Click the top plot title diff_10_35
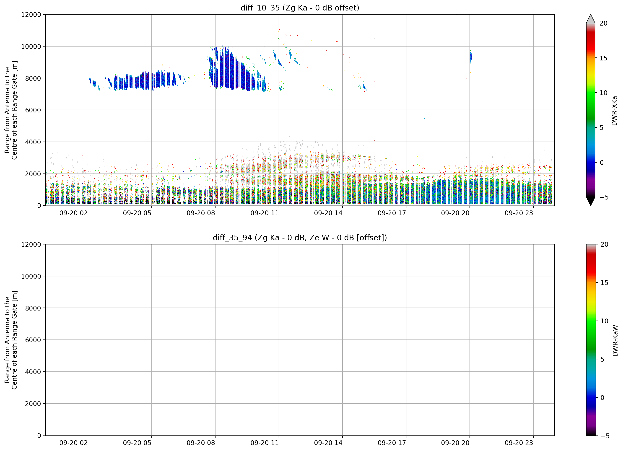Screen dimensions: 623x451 click(x=260, y=8)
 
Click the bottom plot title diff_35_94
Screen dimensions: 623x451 click(x=232, y=238)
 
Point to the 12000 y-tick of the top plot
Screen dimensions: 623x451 click(x=31, y=15)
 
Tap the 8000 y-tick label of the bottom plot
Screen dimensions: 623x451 click(x=33, y=308)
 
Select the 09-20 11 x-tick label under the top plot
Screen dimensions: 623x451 click(x=265, y=213)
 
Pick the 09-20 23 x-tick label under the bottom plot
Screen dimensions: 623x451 click(x=519, y=443)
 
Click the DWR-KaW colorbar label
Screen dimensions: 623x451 click(x=615, y=341)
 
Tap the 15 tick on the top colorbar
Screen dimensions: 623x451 click(x=603, y=58)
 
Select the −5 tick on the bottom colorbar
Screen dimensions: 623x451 click(x=605, y=436)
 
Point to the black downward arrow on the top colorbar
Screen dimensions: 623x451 click(x=591, y=201)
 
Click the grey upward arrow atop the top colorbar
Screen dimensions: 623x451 click(x=591, y=19)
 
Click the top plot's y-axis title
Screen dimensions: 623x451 click(x=11, y=110)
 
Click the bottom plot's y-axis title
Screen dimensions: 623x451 click(x=11, y=340)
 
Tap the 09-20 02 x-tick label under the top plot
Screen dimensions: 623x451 click(x=74, y=213)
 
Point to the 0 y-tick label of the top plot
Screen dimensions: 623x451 click(x=39, y=206)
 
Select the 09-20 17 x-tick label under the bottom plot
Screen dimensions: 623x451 click(x=392, y=443)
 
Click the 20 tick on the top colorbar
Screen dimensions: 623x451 click(x=603, y=23)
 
